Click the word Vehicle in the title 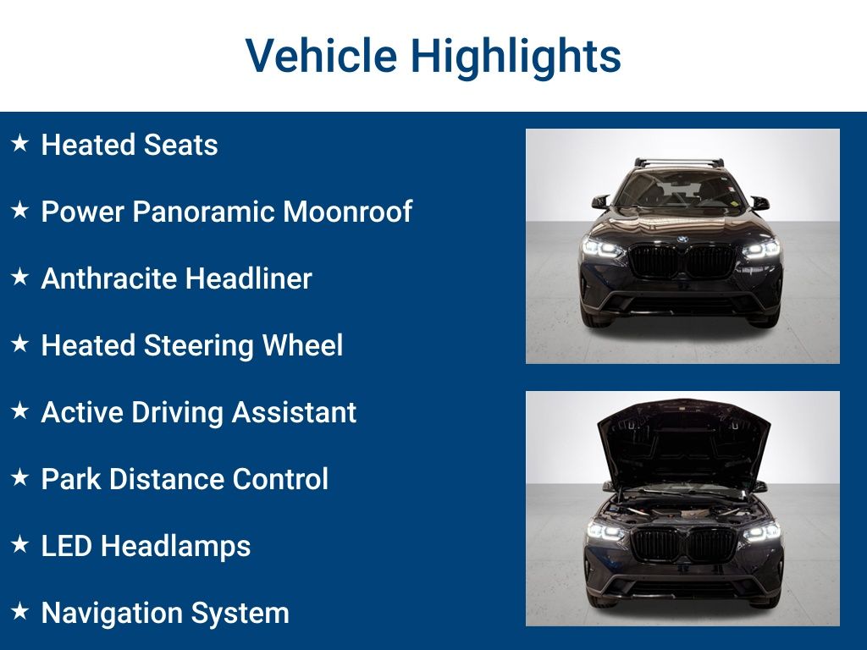[x=321, y=55]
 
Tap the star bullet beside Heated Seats [x=20, y=143]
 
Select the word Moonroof [x=347, y=212]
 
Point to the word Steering [x=198, y=346]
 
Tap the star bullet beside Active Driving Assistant [x=20, y=410]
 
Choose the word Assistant [x=294, y=412]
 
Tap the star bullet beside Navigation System [x=20, y=611]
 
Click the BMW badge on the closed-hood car [x=682, y=240]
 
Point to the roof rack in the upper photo [x=679, y=163]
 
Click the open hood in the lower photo [x=684, y=442]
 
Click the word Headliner [x=249, y=278]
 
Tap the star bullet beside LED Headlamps [x=20, y=544]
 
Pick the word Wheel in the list [x=302, y=345]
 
